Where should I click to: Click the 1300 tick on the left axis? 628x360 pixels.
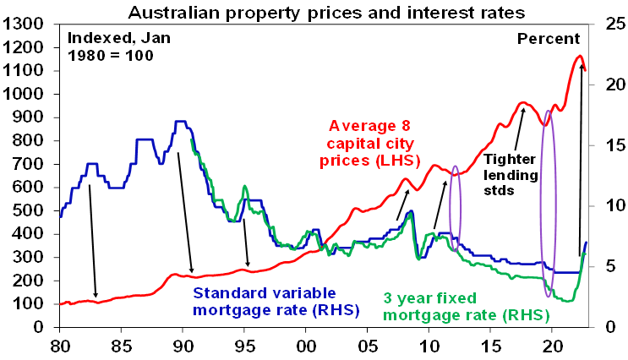25,25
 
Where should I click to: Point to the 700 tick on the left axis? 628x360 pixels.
30,165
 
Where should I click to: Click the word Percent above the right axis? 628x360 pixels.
549,39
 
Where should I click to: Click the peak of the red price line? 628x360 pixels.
579,57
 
